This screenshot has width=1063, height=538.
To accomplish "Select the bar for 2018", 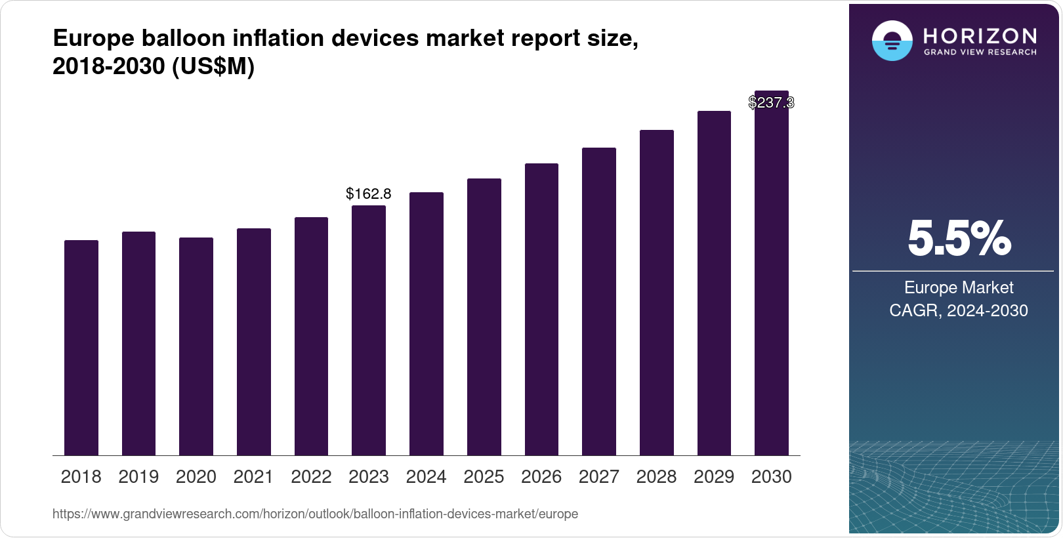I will (x=81, y=348).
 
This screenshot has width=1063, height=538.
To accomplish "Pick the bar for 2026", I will (x=541, y=309).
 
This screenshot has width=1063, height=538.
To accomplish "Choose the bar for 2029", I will (x=714, y=283).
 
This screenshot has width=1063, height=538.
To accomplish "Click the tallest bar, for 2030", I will (x=772, y=276).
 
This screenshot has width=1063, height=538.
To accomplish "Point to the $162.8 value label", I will (x=369, y=194).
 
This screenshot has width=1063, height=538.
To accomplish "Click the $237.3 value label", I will (x=771, y=103).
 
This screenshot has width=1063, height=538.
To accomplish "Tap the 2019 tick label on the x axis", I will (x=138, y=477).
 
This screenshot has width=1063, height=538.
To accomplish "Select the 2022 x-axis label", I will (x=311, y=477).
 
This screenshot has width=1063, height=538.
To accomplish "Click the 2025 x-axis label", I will (x=484, y=477).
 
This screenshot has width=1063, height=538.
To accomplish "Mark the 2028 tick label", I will (x=656, y=477).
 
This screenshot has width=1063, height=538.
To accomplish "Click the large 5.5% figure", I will (x=959, y=239).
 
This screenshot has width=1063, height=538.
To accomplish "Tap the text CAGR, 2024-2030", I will (x=959, y=310).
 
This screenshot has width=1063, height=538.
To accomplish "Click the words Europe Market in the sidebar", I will (x=959, y=287).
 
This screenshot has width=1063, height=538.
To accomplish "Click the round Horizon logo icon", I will (x=892, y=41).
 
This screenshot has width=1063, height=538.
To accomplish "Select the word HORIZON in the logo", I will (x=980, y=35).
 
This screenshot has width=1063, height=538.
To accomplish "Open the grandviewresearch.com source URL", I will (x=315, y=514).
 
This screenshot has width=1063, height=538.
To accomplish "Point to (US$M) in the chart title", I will (x=213, y=66).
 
